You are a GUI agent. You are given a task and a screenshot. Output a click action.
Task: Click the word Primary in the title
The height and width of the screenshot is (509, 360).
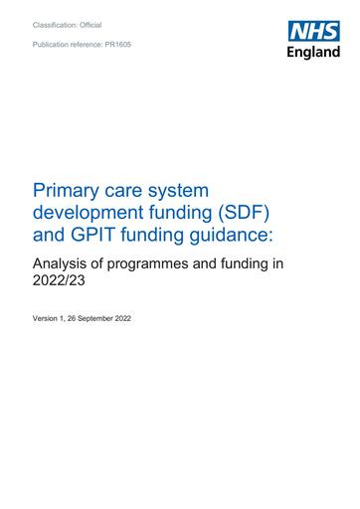coord(66,189)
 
